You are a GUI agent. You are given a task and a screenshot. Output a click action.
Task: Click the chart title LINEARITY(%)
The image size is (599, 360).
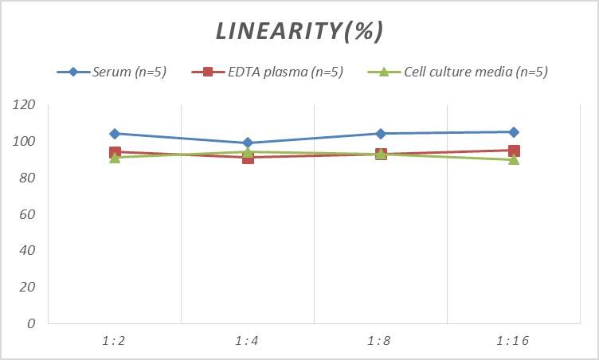pyautogui.click(x=299, y=31)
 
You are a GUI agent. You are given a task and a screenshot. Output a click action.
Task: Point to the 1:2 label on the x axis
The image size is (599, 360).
pyautogui.click(x=115, y=340)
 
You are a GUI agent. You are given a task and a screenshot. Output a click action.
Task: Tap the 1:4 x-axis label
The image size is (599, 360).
pyautogui.click(x=248, y=340)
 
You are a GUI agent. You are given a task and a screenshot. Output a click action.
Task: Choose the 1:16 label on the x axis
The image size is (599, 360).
pyautogui.click(x=514, y=340)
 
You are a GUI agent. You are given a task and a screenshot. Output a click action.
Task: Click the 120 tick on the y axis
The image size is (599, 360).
pyautogui.click(x=25, y=105)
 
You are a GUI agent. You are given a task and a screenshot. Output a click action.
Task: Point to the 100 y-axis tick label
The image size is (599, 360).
pyautogui.click(x=25, y=142)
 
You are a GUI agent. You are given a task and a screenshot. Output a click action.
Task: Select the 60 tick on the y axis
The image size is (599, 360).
pyautogui.click(x=29, y=214)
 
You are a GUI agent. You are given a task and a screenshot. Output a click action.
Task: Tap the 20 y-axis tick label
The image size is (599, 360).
pyautogui.click(x=29, y=287)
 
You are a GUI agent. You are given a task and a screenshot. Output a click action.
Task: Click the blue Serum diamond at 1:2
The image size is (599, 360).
pyautogui.click(x=115, y=134)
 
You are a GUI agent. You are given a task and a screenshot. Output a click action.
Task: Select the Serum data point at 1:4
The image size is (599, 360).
pyautogui.click(x=248, y=143)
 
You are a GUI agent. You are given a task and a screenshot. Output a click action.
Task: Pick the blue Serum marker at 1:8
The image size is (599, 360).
pyautogui.click(x=381, y=134)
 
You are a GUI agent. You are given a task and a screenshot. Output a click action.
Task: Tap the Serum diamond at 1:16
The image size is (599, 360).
pyautogui.click(x=514, y=132)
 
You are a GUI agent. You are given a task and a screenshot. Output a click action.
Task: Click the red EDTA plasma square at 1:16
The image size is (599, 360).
pyautogui.click(x=514, y=151)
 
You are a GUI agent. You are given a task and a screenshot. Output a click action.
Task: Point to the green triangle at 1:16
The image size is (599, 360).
pyautogui.click(x=514, y=160)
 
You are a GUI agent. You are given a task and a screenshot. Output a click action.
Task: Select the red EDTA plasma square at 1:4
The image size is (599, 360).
pyautogui.click(x=248, y=158)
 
